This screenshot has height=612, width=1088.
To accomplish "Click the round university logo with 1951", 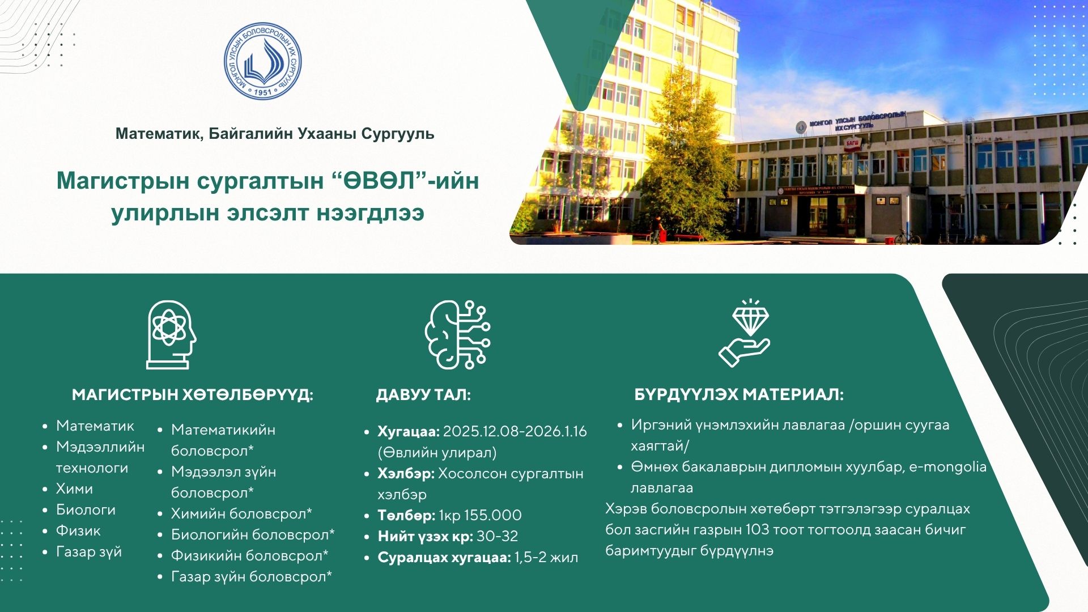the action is point(262,61).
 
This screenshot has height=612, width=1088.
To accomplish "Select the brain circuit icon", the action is point(457,334).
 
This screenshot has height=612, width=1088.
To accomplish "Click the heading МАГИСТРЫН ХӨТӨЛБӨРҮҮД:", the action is point(193,395).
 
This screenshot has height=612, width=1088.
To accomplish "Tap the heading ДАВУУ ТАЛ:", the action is point(423,395).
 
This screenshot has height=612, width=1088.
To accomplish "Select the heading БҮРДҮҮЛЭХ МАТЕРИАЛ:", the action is point(739,394).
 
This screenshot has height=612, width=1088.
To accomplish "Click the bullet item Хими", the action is point(74,488).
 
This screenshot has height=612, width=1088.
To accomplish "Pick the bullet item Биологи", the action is point(86,509).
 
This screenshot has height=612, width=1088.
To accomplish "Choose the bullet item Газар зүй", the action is point(89,551).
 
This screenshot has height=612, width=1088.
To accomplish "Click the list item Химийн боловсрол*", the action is point(241,513).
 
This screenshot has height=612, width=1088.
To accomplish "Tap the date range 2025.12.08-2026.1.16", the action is point(515,431).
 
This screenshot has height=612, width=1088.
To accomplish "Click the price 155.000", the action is point(492,515).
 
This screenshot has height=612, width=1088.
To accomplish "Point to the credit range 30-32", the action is point(497,536).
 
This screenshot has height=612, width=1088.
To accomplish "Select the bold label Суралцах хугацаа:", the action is point(444,557).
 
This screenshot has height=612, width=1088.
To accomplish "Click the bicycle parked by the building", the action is point(907,237).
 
